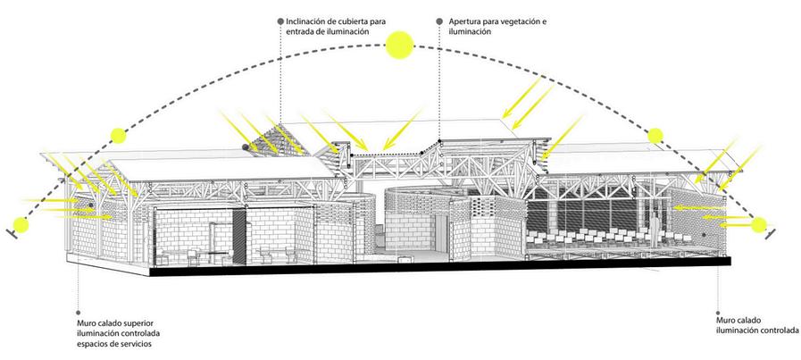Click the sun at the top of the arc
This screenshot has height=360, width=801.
pyautogui.click(x=397, y=46)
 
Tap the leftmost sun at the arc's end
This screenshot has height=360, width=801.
pyautogui.click(x=20, y=224)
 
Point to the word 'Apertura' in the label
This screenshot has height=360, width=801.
pyautogui.click(x=467, y=20)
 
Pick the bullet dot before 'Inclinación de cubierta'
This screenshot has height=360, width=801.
pyautogui.click(x=280, y=20)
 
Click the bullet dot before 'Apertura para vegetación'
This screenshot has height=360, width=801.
pyautogui.click(x=439, y=20)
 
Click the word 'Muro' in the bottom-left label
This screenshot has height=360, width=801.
pyautogui.click(x=88, y=322)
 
